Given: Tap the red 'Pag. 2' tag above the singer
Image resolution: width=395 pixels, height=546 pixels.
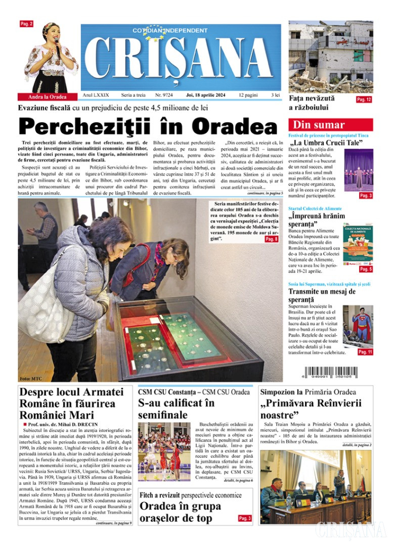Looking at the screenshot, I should [26, 24].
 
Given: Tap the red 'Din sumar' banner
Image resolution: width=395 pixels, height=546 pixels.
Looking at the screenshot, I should [330, 125].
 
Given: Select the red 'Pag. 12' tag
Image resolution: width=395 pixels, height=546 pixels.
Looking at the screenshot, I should [364, 100].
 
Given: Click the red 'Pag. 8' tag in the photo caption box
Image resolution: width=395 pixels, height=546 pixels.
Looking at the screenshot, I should [272, 239].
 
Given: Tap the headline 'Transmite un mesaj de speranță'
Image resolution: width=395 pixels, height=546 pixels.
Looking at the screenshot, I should [322, 296].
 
